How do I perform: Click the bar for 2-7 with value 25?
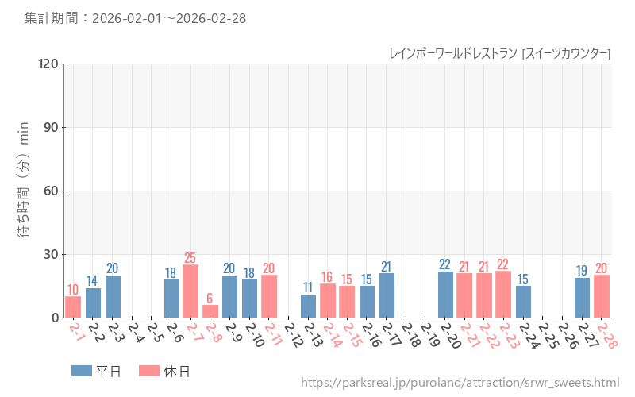click(190, 291)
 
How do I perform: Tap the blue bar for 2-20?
click(445, 295)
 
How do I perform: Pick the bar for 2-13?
click(308, 306)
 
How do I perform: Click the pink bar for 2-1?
click(73, 307)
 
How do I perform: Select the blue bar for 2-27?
click(582, 298)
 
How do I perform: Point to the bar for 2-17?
click(387, 295)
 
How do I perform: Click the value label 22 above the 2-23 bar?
click(503, 264)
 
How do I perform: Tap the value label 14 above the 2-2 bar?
click(92, 281)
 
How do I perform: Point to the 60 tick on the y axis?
click(51, 191)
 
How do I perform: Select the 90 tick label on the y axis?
click(51, 127)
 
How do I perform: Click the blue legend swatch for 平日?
click(82, 371)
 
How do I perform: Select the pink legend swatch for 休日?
click(149, 371)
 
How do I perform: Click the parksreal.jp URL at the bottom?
click(460, 383)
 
